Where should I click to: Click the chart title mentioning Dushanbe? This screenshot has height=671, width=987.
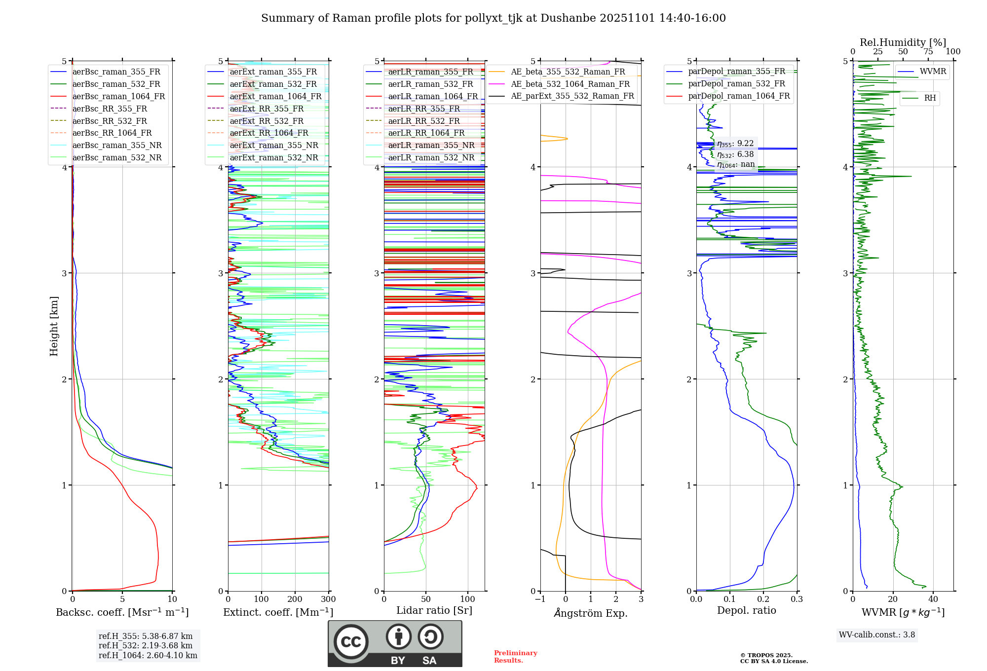[x=493, y=18]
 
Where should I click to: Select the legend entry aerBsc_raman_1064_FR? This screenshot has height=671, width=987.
[x=118, y=97]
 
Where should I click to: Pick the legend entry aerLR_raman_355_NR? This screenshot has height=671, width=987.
[x=431, y=146]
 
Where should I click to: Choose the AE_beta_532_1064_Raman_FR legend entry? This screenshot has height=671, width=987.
[x=570, y=84]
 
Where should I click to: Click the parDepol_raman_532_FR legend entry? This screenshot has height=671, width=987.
[x=736, y=84]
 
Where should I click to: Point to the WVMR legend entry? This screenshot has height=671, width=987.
[x=933, y=72]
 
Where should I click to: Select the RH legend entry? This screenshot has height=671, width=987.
[x=930, y=98]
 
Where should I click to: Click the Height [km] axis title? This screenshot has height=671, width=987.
[x=54, y=326]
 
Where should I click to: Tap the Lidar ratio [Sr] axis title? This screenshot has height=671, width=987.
[x=434, y=611]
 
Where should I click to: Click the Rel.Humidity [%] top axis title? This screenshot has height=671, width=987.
[x=903, y=42]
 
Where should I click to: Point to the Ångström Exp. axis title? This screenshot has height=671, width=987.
[x=591, y=613]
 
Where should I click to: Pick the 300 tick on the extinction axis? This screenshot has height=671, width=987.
[x=329, y=599]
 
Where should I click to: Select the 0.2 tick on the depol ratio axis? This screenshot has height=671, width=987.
[x=763, y=599]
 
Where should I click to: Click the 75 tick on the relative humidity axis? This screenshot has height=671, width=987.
[x=928, y=52]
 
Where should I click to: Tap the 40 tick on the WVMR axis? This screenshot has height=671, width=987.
[x=933, y=599]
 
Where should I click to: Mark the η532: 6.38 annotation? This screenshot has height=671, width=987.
[x=735, y=154]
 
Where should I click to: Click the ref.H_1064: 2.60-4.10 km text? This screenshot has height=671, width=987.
[x=148, y=656]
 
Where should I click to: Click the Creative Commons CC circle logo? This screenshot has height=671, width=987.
[x=351, y=641]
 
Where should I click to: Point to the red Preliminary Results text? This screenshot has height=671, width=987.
[x=515, y=657]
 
